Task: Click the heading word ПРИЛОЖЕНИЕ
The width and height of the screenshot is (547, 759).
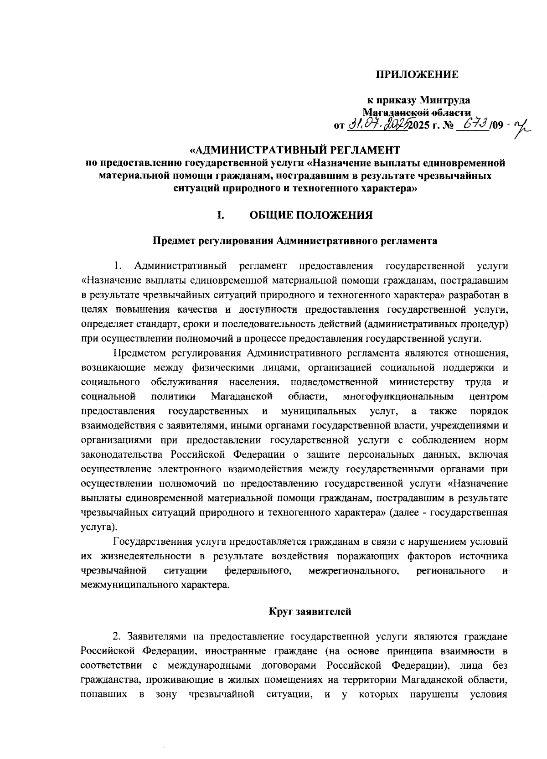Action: (x=417, y=75)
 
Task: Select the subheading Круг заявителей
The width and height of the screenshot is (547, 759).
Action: (x=310, y=612)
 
